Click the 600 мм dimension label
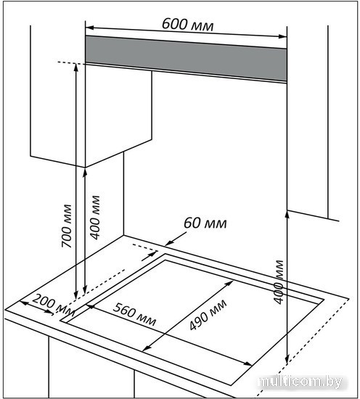[x=188, y=25]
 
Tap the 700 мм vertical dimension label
[x=67, y=226]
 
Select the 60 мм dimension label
[x=205, y=223]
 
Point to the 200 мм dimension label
[x=54, y=305]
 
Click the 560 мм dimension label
[x=134, y=315]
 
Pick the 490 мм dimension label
[x=208, y=315]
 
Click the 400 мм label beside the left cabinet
[x=96, y=218]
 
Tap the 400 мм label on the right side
[x=279, y=282]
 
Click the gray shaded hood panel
[x=186, y=59]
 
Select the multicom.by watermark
[x=300, y=382]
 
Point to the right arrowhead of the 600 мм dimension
[x=282, y=36]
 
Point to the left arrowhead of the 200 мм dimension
[x=24, y=303]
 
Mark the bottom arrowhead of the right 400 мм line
[x=287, y=361]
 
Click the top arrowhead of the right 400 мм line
[x=287, y=215]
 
